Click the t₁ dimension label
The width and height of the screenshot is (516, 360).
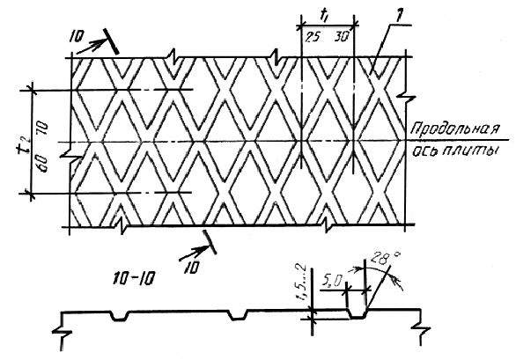coord(324,15)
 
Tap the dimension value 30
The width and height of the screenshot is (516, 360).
coord(342,37)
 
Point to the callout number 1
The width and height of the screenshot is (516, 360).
coord(399,18)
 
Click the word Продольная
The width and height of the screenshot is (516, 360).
coord(454,129)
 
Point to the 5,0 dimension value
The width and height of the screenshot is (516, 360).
coord(332,281)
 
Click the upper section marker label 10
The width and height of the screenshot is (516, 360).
coord(77,37)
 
